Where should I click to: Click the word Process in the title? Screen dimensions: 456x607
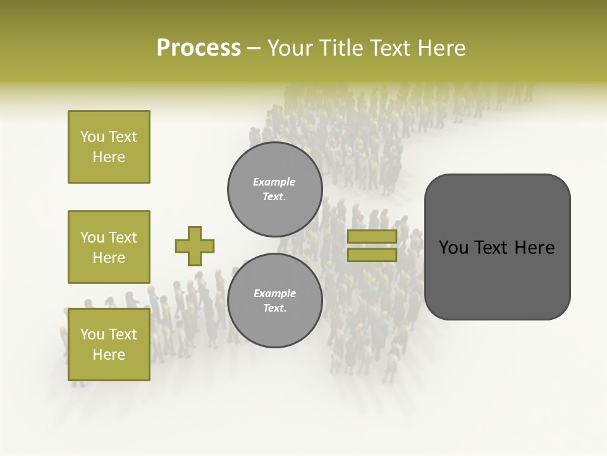click(x=199, y=48)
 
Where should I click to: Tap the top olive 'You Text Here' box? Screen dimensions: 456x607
click(x=109, y=147)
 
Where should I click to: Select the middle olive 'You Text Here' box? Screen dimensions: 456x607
click(x=109, y=247)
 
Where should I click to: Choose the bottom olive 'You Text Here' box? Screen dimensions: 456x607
click(x=109, y=344)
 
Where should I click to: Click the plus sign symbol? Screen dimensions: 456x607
click(x=195, y=246)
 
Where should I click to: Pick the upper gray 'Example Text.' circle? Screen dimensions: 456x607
click(x=274, y=189)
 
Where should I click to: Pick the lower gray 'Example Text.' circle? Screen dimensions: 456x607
click(x=274, y=300)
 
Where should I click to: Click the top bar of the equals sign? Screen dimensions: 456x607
click(x=372, y=236)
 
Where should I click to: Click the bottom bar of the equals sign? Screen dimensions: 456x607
click(x=372, y=255)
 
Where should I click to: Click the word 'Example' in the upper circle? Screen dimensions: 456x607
click(x=274, y=182)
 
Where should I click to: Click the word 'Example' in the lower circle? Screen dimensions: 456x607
click(x=274, y=293)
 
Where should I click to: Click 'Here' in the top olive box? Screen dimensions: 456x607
click(x=109, y=157)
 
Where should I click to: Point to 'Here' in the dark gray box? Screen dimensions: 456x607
click(x=534, y=248)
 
